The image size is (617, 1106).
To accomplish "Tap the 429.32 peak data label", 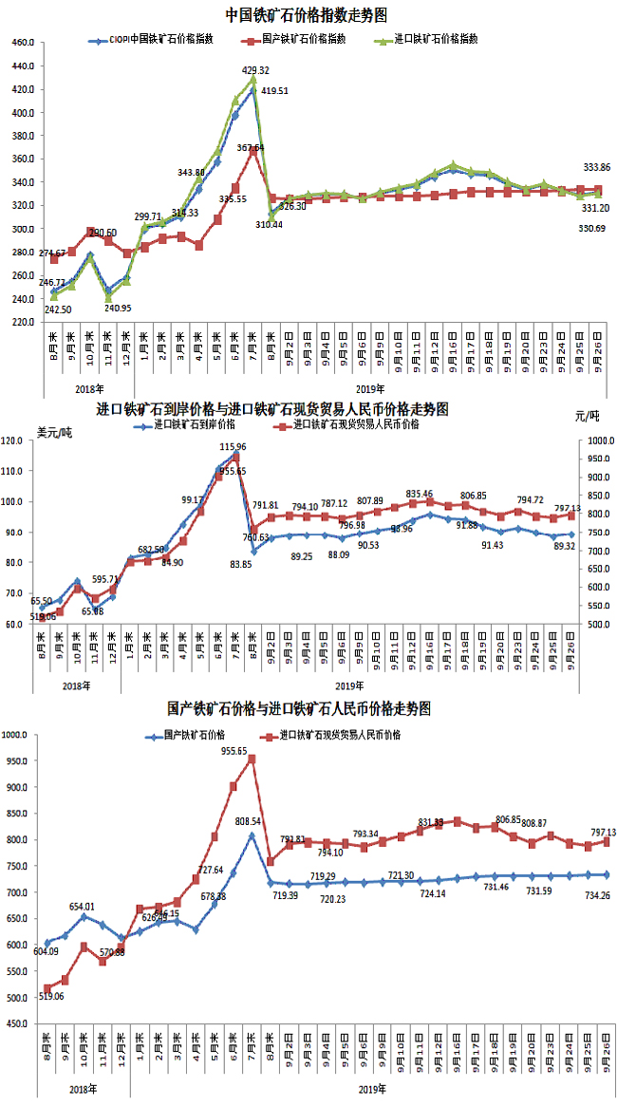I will [x=256, y=70].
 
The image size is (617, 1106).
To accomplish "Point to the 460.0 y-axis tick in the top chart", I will [x=21, y=44].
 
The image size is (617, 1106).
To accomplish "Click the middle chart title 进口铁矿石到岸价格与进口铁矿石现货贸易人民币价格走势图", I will [x=272, y=409].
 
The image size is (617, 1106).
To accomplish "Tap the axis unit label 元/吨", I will [x=588, y=416].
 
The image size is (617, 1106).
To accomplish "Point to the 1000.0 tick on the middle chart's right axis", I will [x=597, y=441].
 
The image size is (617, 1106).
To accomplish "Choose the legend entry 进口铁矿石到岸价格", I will [x=186, y=425].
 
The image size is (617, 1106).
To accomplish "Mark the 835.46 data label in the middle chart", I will [x=420, y=494].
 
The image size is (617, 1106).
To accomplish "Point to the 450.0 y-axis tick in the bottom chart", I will [x=21, y=1023].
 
